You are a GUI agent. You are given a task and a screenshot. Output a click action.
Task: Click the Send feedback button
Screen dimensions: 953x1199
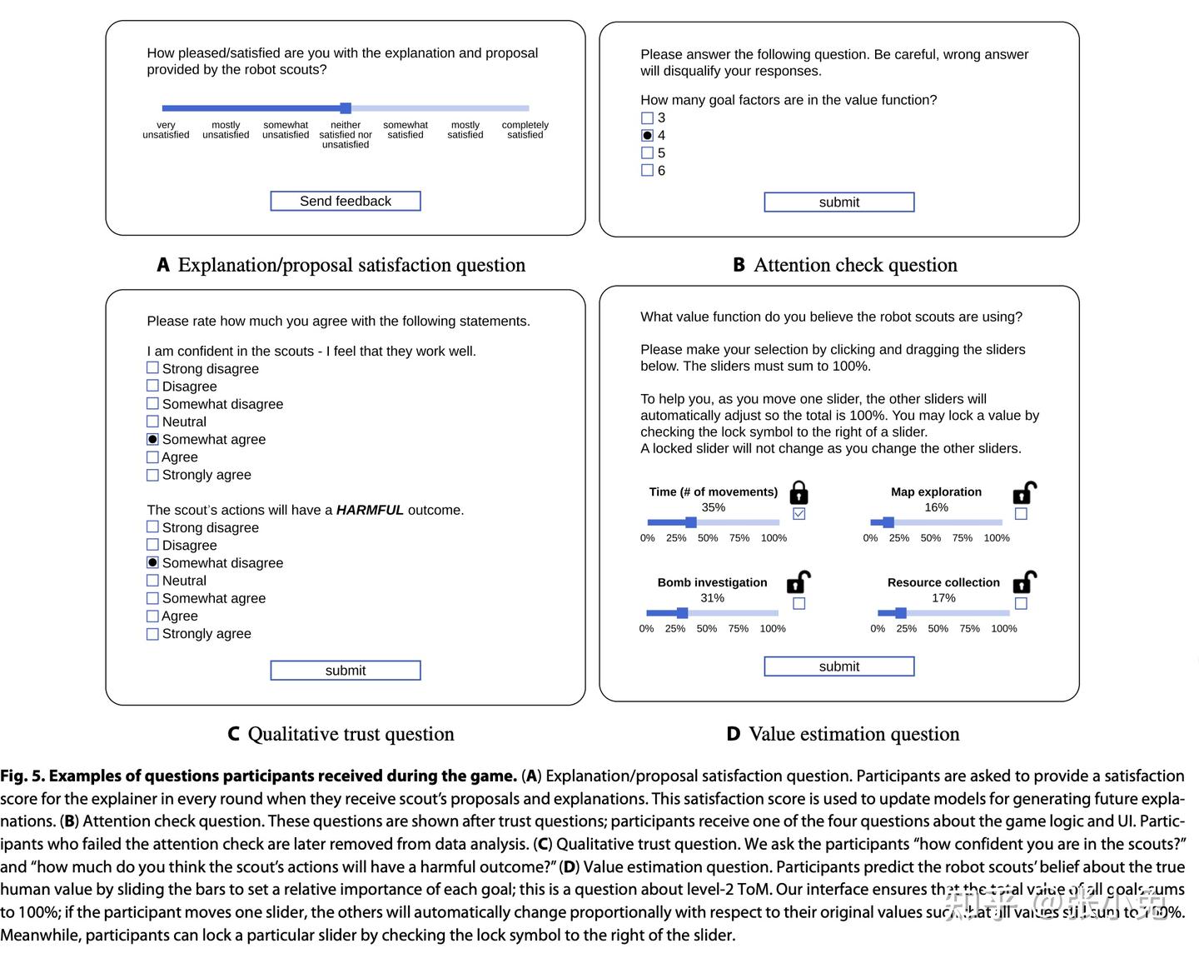[x=346, y=201]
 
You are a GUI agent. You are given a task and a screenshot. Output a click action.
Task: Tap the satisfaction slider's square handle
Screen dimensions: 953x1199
[x=346, y=108]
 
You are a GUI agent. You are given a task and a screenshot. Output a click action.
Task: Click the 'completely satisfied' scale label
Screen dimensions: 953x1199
[x=525, y=130]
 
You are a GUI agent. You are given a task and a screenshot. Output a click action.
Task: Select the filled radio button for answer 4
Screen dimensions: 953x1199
[x=647, y=135]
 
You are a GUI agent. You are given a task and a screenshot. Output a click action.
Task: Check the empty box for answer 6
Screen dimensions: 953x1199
[x=647, y=170]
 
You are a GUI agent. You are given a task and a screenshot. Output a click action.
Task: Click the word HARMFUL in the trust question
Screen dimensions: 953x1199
[x=370, y=510]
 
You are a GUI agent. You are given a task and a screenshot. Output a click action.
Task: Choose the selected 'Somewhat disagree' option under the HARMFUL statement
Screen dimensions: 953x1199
[x=152, y=563]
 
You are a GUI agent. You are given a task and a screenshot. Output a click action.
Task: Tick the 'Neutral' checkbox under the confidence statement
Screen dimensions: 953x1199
[x=152, y=422]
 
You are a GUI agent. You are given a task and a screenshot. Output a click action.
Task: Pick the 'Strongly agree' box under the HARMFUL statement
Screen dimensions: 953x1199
[x=152, y=634]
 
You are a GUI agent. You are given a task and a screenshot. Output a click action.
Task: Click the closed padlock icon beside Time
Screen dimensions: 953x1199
[x=799, y=492]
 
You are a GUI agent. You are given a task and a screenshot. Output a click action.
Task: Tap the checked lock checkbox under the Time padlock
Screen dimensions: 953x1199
[x=799, y=514]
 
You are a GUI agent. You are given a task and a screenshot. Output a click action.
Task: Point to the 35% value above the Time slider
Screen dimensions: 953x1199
[x=714, y=507]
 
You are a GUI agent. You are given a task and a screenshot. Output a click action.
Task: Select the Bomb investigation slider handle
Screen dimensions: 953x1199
[x=682, y=613]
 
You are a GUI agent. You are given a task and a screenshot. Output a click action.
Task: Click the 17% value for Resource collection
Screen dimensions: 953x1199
[x=943, y=598]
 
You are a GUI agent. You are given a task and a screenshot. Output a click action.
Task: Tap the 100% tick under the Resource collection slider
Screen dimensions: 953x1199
[x=1003, y=628]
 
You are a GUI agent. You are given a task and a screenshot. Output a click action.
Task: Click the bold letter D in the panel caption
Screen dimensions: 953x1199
[x=734, y=734]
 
